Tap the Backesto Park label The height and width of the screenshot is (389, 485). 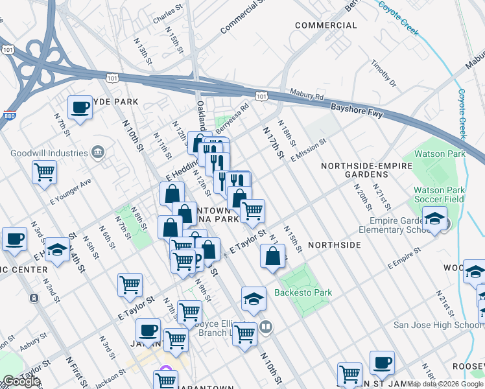(x=303, y=292)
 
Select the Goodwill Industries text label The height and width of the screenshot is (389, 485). (x=49, y=154)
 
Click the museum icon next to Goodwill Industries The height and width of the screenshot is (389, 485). (x=97, y=153)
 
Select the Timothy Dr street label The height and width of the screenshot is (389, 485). (x=383, y=74)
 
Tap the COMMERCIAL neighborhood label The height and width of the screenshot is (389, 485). (x=325, y=25)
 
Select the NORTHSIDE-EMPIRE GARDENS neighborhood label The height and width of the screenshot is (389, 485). (x=366, y=171)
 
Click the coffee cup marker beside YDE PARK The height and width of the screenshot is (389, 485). (x=80, y=107)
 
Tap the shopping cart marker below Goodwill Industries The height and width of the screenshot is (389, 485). (x=45, y=172)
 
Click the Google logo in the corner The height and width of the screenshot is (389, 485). (x=21, y=381)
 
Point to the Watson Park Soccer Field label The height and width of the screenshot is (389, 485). (x=439, y=194)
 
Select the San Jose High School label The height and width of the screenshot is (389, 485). (x=439, y=324)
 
